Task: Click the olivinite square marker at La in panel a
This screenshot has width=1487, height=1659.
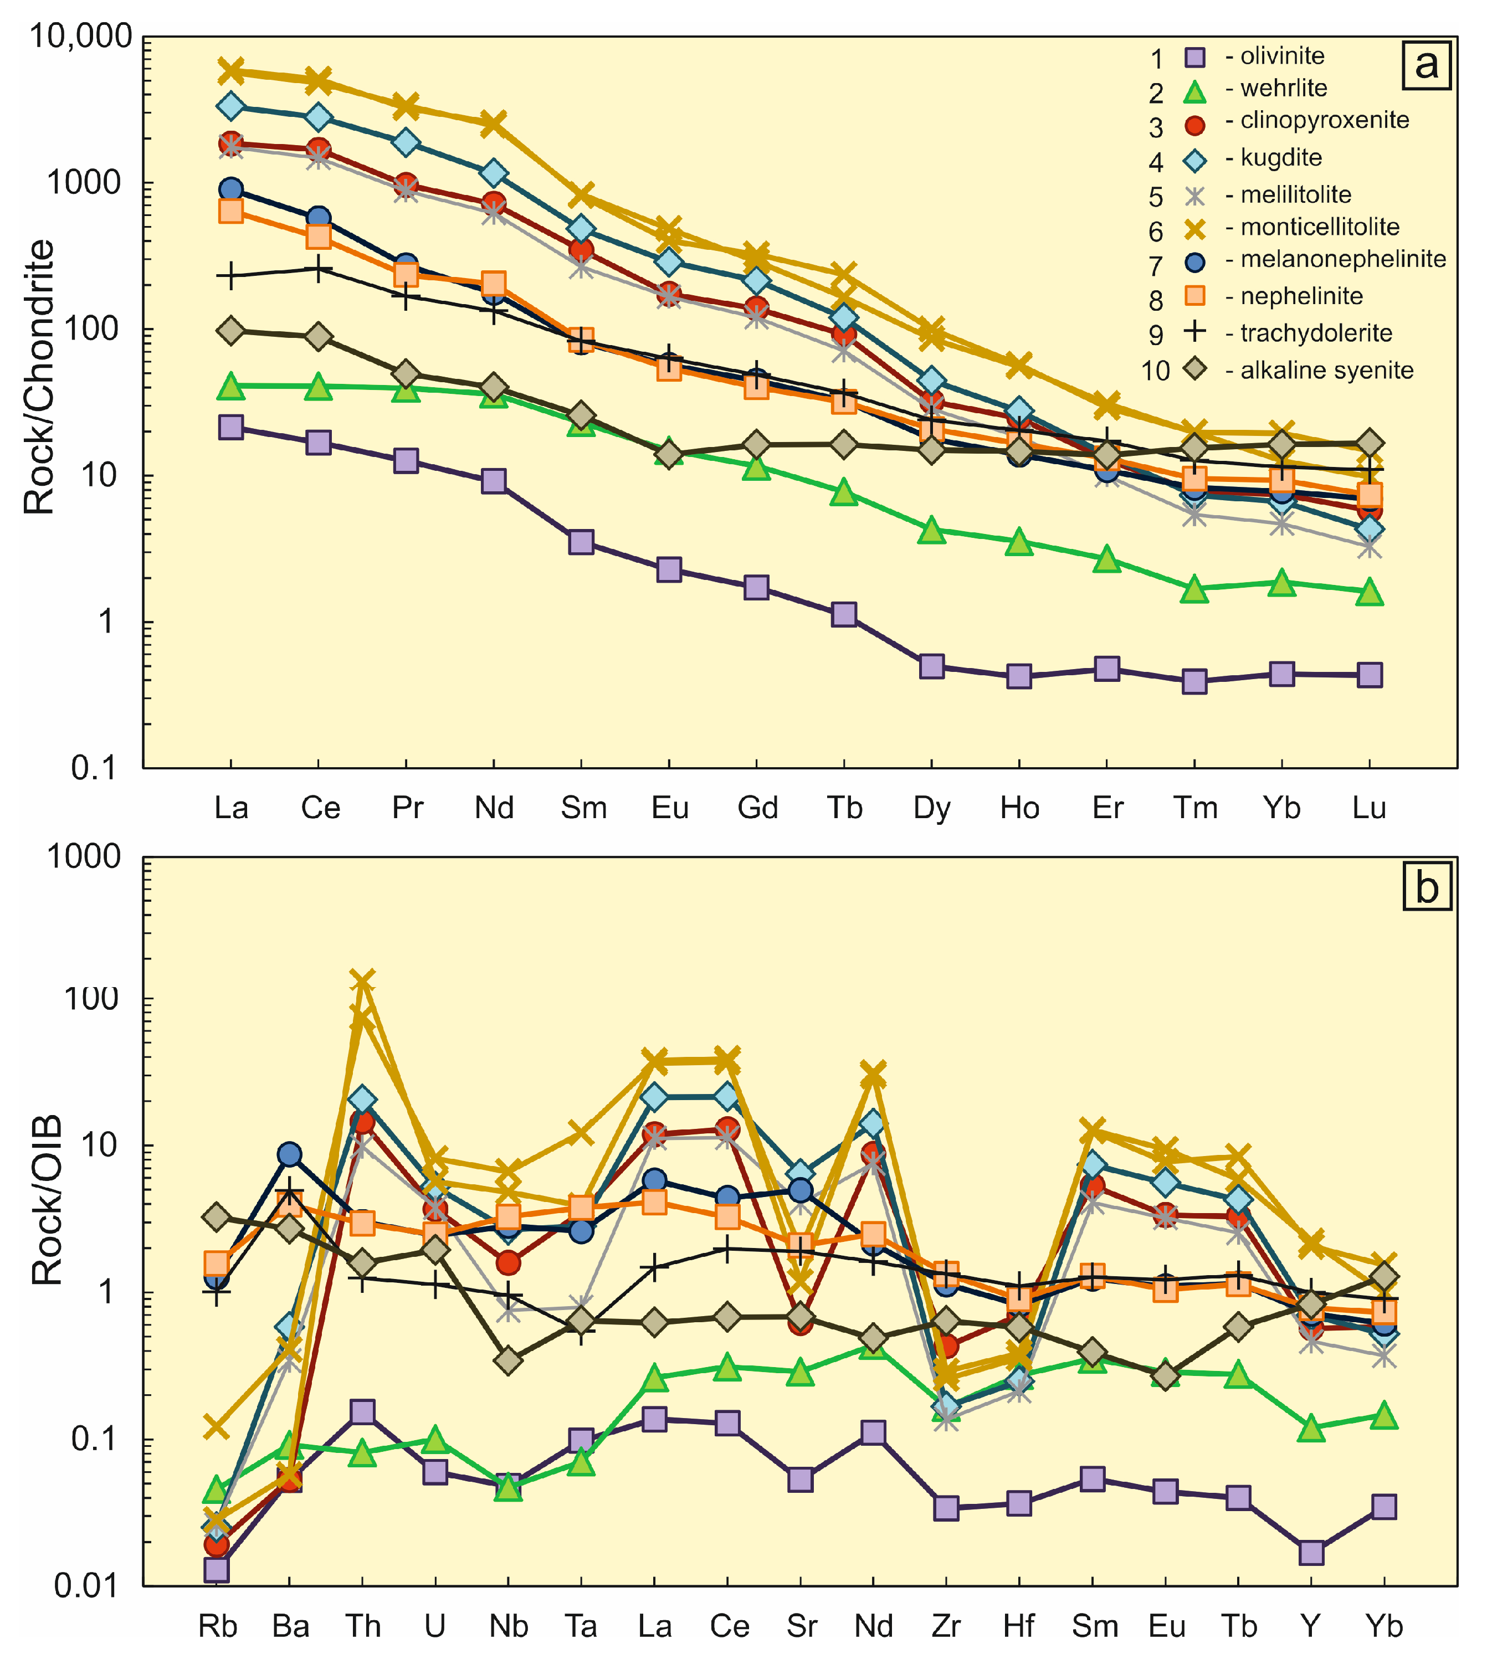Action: [231, 427]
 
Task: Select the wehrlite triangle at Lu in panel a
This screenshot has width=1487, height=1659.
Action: [1370, 593]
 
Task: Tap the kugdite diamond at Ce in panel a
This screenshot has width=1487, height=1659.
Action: [319, 117]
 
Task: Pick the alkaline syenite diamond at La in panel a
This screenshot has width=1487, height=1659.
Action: [231, 331]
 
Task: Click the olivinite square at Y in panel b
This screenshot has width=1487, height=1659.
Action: [1311, 1552]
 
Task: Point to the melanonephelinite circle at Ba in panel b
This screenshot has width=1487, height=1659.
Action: [289, 1154]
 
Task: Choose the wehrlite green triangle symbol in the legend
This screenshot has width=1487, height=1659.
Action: [1196, 91]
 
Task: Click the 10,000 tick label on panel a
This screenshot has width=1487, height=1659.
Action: [80, 37]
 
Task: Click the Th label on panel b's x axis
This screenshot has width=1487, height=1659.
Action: [363, 1626]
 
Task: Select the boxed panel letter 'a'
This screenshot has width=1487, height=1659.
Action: [1426, 64]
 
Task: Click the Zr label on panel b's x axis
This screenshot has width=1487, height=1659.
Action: [946, 1626]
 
